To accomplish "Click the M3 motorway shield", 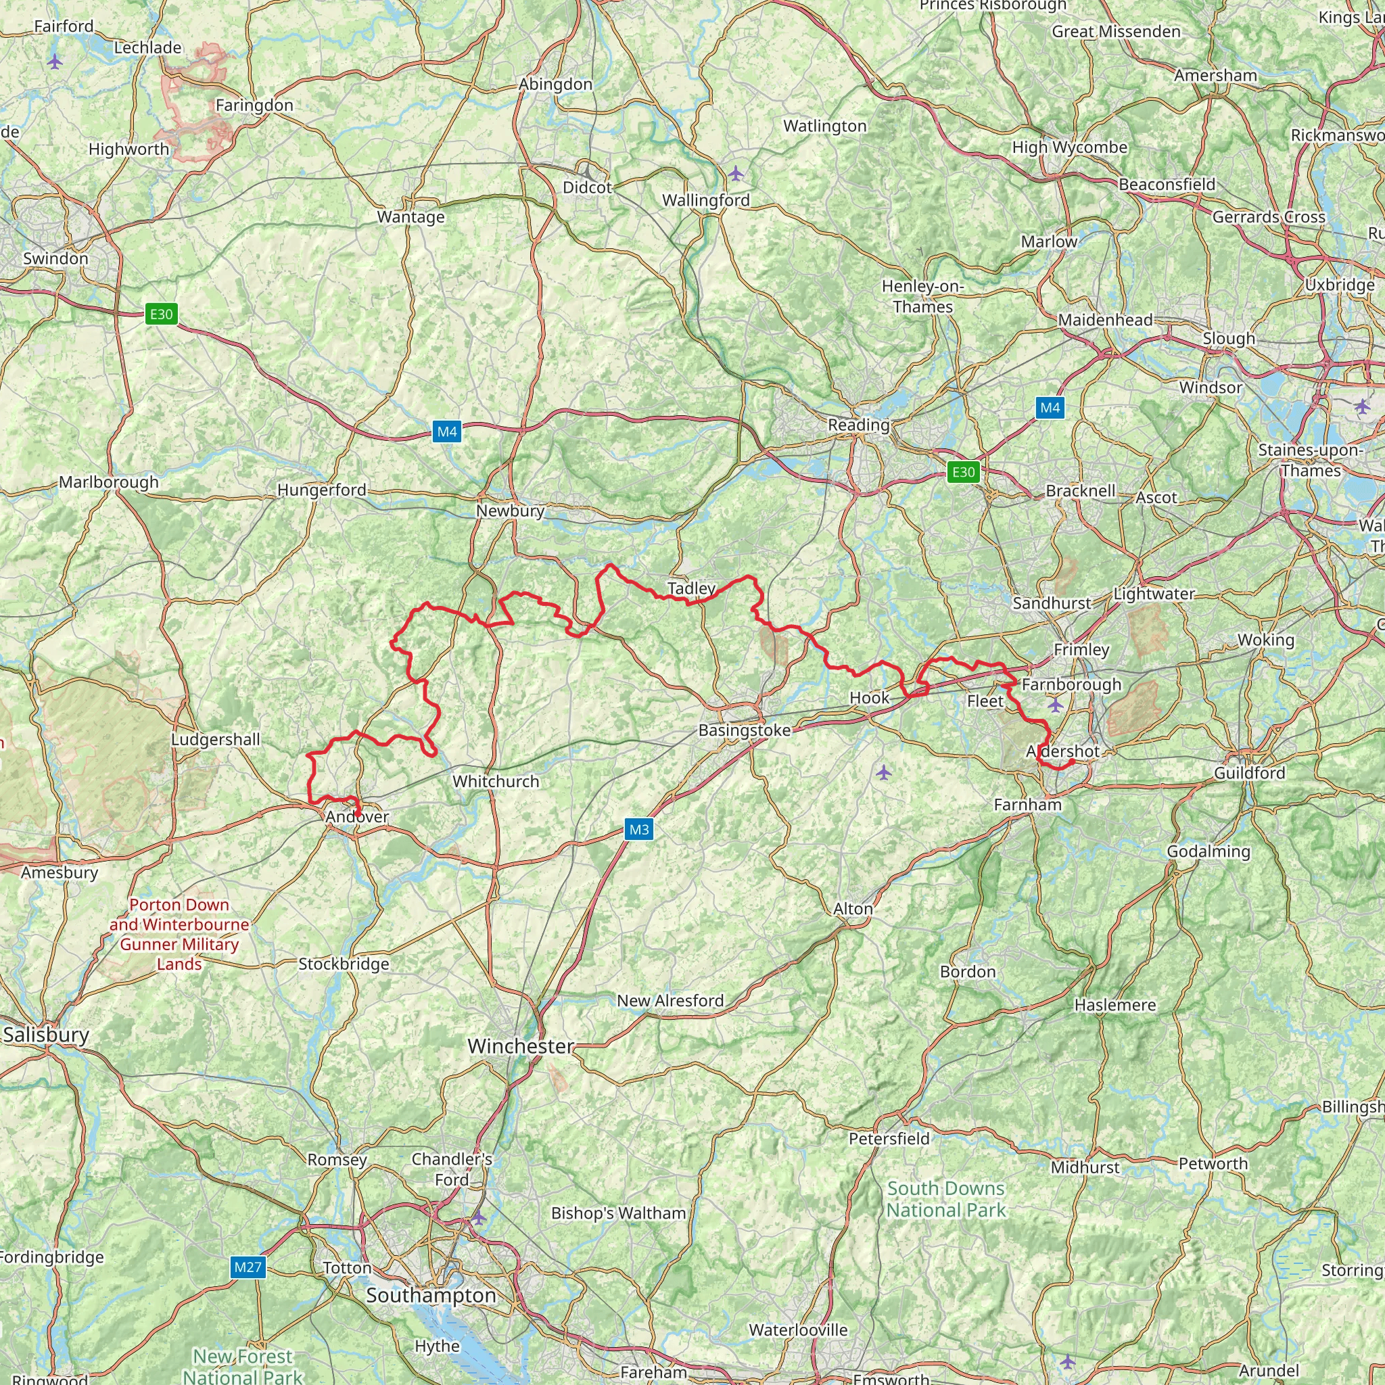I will [638, 829].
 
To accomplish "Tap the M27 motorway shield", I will [248, 1267].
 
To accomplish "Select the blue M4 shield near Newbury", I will [446, 431].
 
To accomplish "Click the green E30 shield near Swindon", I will [162, 314].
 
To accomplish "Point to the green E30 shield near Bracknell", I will [964, 472].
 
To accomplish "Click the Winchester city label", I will [521, 1046].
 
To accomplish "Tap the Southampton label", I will [431, 1294].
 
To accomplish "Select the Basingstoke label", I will [745, 730].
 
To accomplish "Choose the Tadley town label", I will [692, 588].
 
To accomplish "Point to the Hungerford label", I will [322, 490].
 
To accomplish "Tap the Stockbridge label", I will [344, 964].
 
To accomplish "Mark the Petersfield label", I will [889, 1138].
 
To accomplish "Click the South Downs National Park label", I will [946, 1198].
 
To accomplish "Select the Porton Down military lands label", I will [179, 934].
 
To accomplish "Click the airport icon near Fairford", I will [55, 62].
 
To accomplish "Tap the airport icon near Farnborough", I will [1055, 705].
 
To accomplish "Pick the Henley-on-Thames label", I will [922, 296].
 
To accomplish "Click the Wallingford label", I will [706, 200].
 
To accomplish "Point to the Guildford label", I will [1250, 773].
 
